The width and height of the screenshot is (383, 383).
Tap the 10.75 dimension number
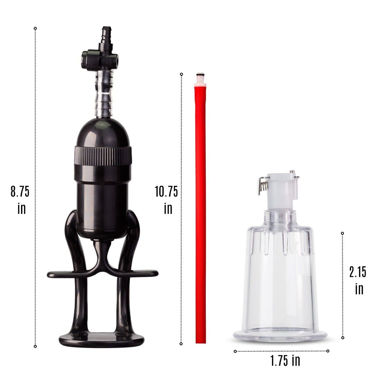pos(166,191)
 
